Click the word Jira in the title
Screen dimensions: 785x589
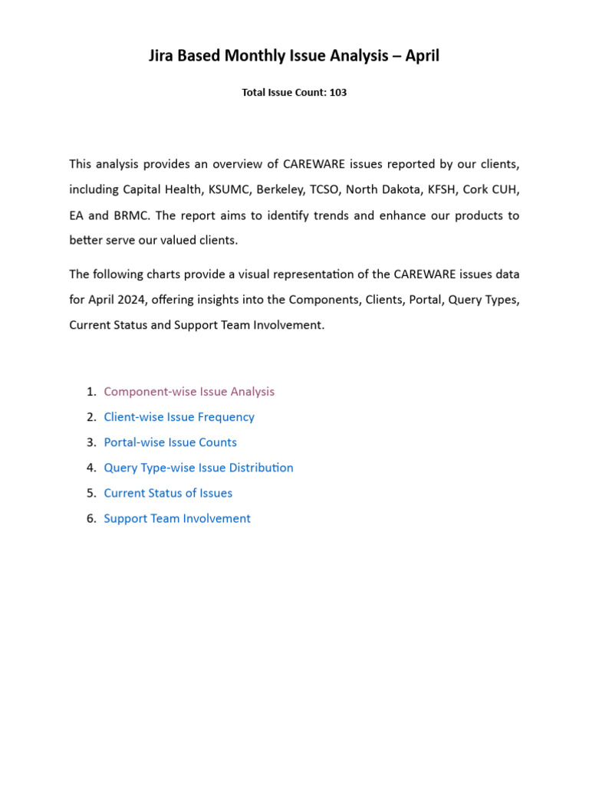[x=163, y=56]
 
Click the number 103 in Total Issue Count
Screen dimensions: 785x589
[x=338, y=93]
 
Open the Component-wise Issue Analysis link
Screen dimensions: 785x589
[x=189, y=392]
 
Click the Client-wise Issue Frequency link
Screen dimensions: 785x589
[x=179, y=417]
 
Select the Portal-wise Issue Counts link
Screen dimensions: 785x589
[x=170, y=442]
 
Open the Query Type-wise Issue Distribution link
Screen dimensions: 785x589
[x=199, y=468]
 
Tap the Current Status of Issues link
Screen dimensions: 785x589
[x=168, y=493]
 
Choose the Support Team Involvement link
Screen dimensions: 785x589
[x=177, y=518]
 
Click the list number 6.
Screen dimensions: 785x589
[x=90, y=518]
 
